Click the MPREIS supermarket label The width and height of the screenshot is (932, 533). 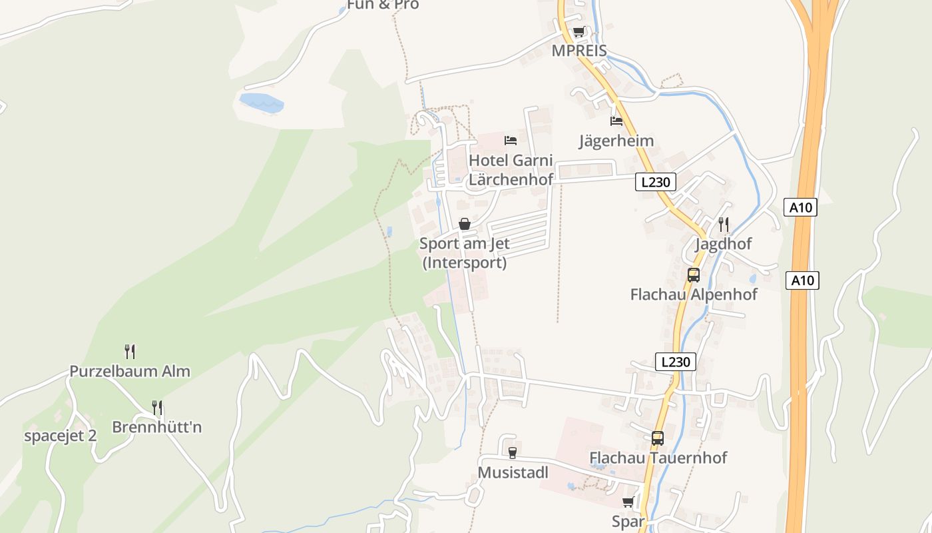[579, 51]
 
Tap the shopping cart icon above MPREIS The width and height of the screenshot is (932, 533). [579, 32]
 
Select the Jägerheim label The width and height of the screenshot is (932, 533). [616, 141]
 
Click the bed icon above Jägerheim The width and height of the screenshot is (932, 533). [616, 121]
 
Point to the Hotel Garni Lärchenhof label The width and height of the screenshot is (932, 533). [511, 170]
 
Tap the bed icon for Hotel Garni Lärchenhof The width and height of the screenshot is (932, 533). [511, 140]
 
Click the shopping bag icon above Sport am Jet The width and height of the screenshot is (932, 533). [465, 224]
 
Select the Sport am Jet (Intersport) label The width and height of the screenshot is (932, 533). [465, 253]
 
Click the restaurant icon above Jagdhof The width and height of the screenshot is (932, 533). [724, 224]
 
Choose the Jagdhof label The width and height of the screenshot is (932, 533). [723, 244]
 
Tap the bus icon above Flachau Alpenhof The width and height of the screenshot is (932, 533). [694, 274]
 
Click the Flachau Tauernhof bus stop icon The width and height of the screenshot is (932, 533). [658, 438]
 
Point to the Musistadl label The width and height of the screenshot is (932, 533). [513, 472]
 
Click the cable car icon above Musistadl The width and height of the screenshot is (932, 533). [512, 453]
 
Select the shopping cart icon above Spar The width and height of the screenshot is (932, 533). [628, 502]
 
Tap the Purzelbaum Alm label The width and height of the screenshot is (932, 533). [130, 371]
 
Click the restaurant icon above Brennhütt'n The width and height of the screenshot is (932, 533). [157, 407]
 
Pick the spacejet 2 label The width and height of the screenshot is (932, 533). [61, 436]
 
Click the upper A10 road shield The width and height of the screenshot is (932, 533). [800, 207]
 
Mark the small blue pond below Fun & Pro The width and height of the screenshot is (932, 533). [261, 102]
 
